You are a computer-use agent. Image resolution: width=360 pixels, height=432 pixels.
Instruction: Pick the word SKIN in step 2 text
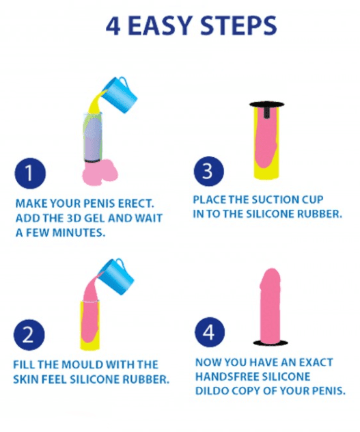[x=28, y=378]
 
